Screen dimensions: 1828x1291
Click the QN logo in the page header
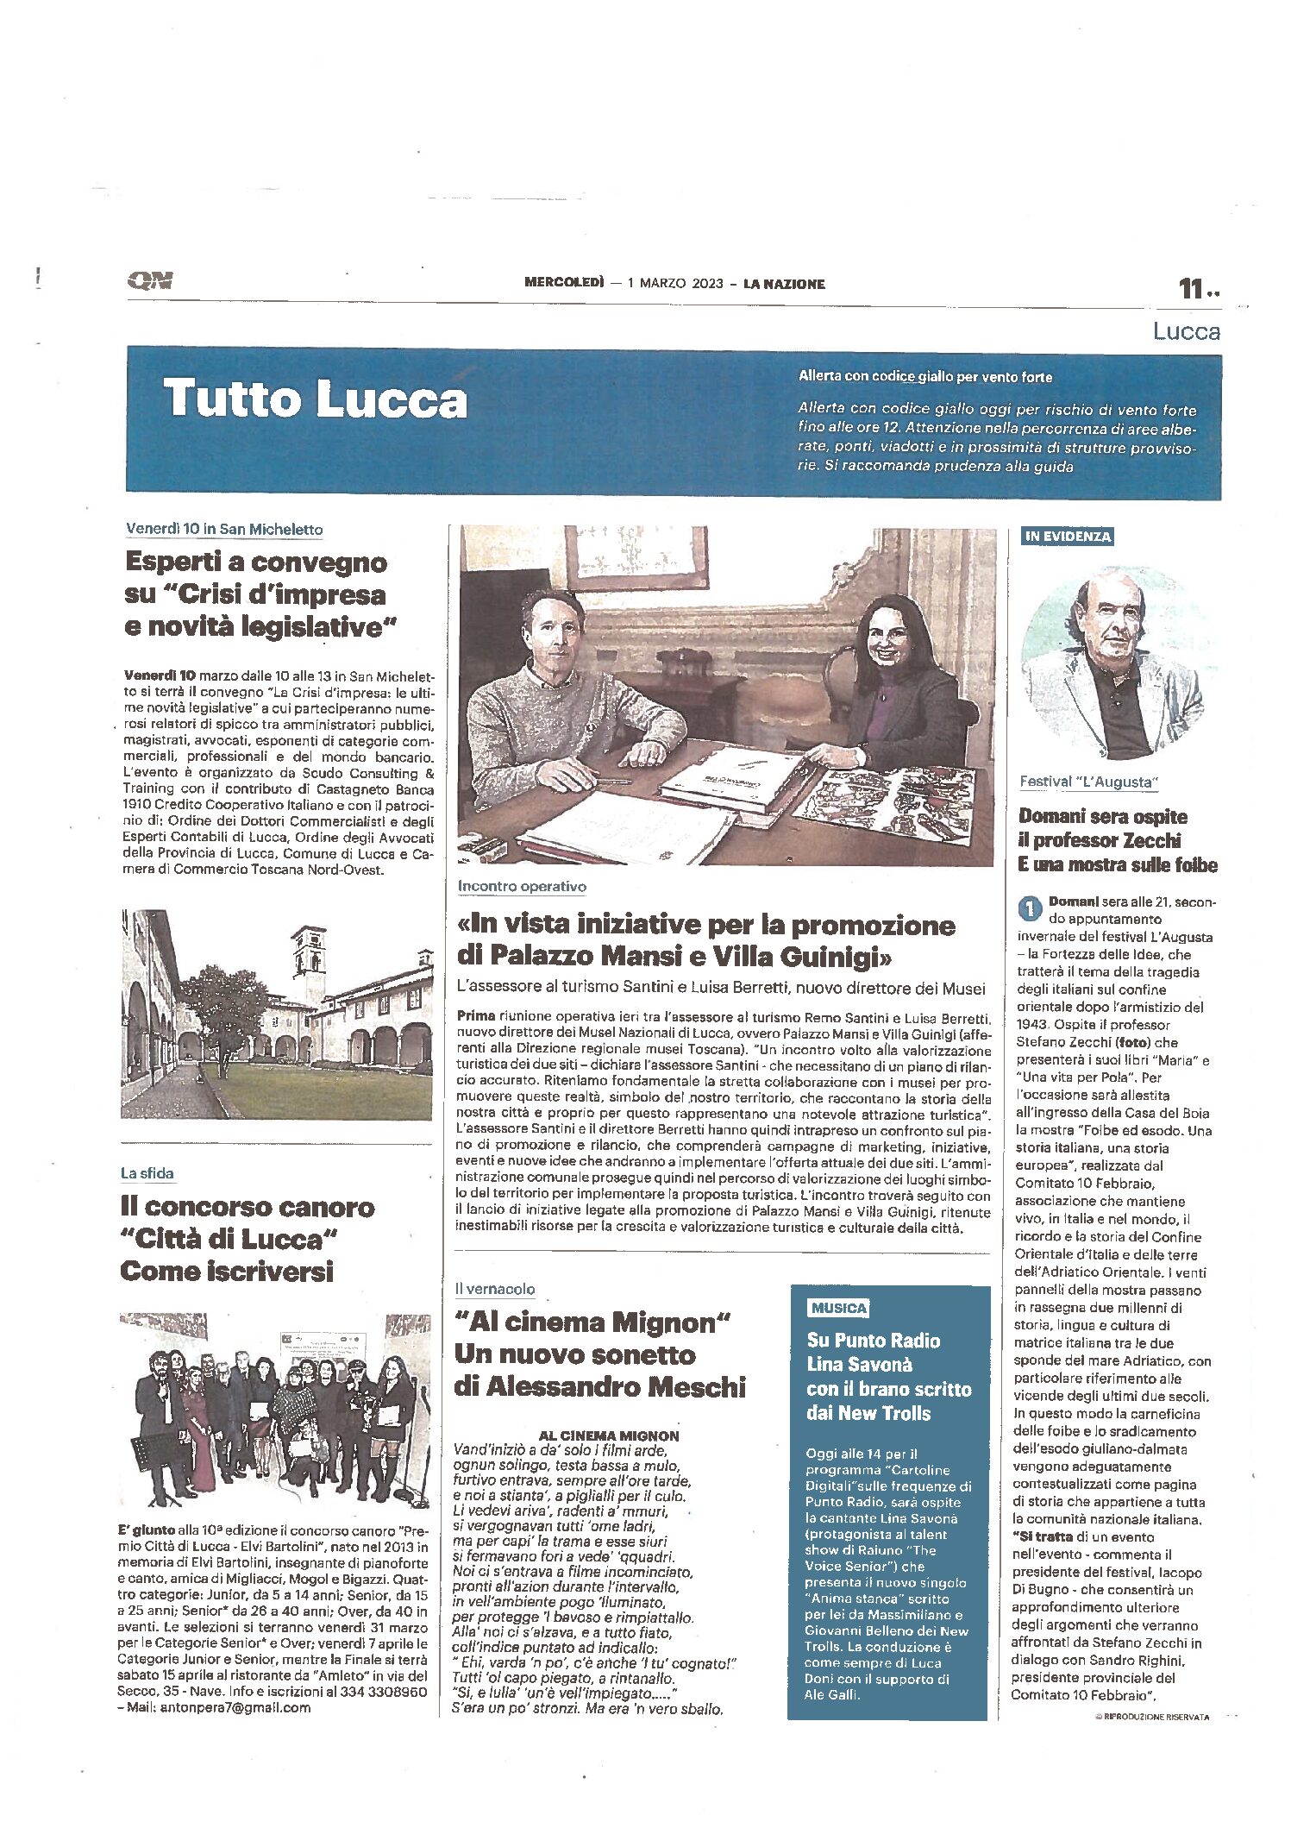(x=150, y=280)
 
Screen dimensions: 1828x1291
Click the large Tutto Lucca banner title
(x=315, y=399)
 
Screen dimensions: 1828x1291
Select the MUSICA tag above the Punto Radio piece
(x=838, y=1308)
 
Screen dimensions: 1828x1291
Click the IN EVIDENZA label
(x=1067, y=537)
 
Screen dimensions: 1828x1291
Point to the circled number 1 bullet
(x=1029, y=908)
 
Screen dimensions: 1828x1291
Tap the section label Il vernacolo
(x=495, y=1289)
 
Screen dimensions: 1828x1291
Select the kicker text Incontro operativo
(x=522, y=886)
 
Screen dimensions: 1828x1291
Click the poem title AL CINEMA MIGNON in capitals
(x=608, y=1435)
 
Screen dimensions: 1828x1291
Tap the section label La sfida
(x=147, y=1173)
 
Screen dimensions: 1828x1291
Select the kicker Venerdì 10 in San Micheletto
(x=224, y=529)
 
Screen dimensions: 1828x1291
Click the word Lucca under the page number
(x=1187, y=331)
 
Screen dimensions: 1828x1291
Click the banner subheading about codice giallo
(x=924, y=376)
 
